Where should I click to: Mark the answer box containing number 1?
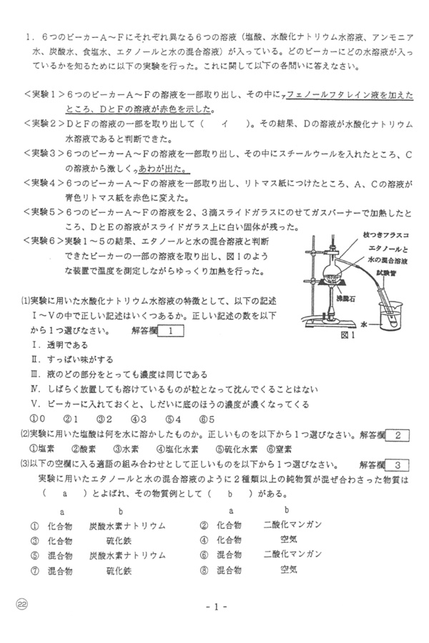[x=172, y=330]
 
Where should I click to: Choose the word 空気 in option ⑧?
[x=290, y=569]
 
